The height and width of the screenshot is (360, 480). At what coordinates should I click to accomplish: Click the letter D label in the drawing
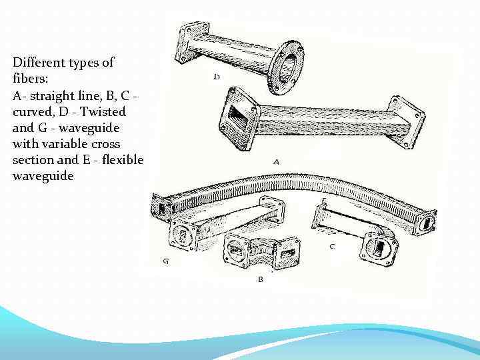(217, 77)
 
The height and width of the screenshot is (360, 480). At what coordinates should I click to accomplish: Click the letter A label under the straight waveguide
(276, 161)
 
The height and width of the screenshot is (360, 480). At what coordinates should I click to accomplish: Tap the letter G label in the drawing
(166, 261)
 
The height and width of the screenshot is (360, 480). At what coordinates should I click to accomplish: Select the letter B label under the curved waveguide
(260, 279)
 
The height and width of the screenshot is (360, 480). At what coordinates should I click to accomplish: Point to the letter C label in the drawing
(332, 247)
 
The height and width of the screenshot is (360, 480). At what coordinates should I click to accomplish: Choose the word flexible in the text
(122, 160)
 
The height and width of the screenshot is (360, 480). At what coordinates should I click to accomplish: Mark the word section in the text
(33, 160)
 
